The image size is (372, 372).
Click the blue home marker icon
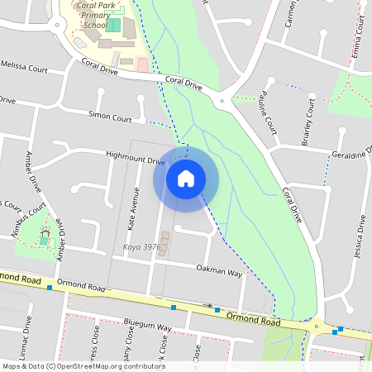(x=186, y=178)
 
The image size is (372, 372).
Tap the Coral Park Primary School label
(x=93, y=15)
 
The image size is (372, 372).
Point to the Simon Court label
(x=110, y=117)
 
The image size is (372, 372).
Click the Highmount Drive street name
(x=136, y=157)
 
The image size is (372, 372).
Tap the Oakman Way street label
(x=219, y=270)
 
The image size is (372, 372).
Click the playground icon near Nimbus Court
(x=45, y=234)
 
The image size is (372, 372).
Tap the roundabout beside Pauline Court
(x=221, y=101)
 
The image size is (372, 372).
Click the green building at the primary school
(x=113, y=26)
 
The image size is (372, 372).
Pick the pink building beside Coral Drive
(x=142, y=64)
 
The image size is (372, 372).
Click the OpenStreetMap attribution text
(x=83, y=366)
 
